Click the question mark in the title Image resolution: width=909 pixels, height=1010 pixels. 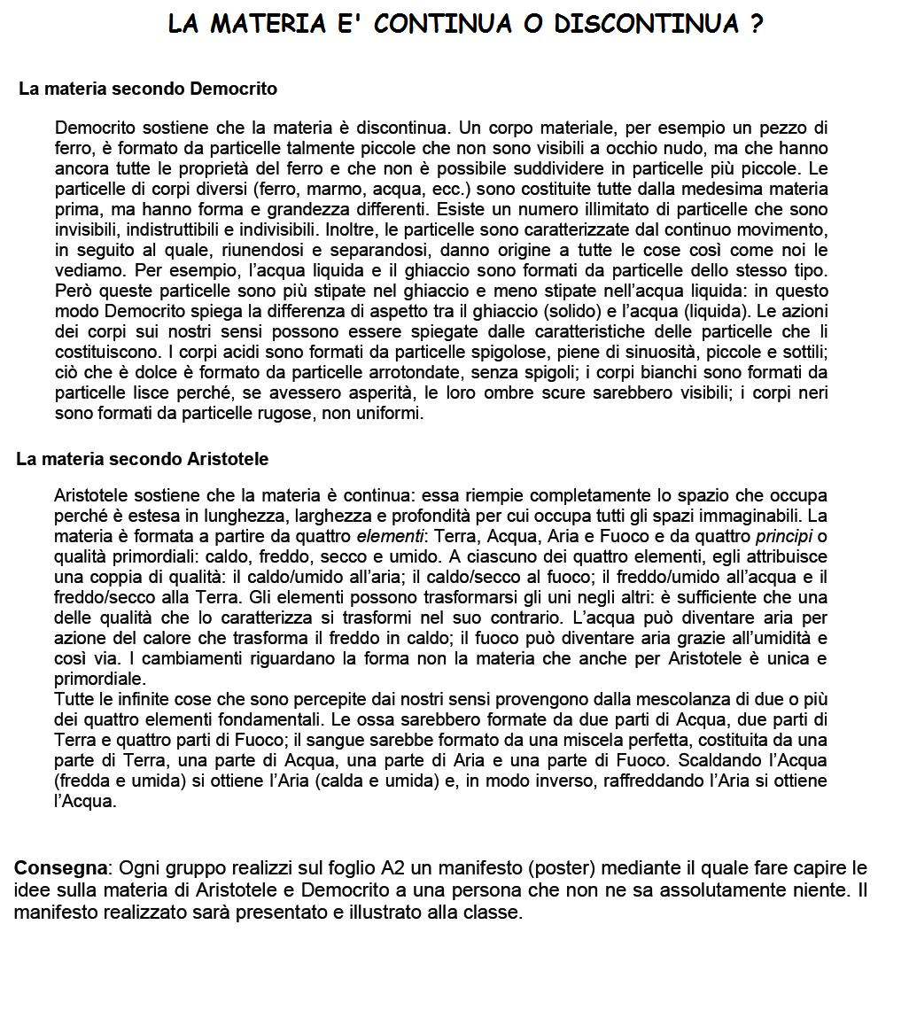click(x=756, y=24)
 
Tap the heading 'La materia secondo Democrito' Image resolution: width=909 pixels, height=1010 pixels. click(x=148, y=89)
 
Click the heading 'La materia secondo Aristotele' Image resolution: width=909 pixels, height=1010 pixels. click(x=143, y=459)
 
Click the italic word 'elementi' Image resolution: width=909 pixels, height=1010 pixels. click(x=390, y=536)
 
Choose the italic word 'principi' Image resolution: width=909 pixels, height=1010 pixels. click(x=784, y=536)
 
